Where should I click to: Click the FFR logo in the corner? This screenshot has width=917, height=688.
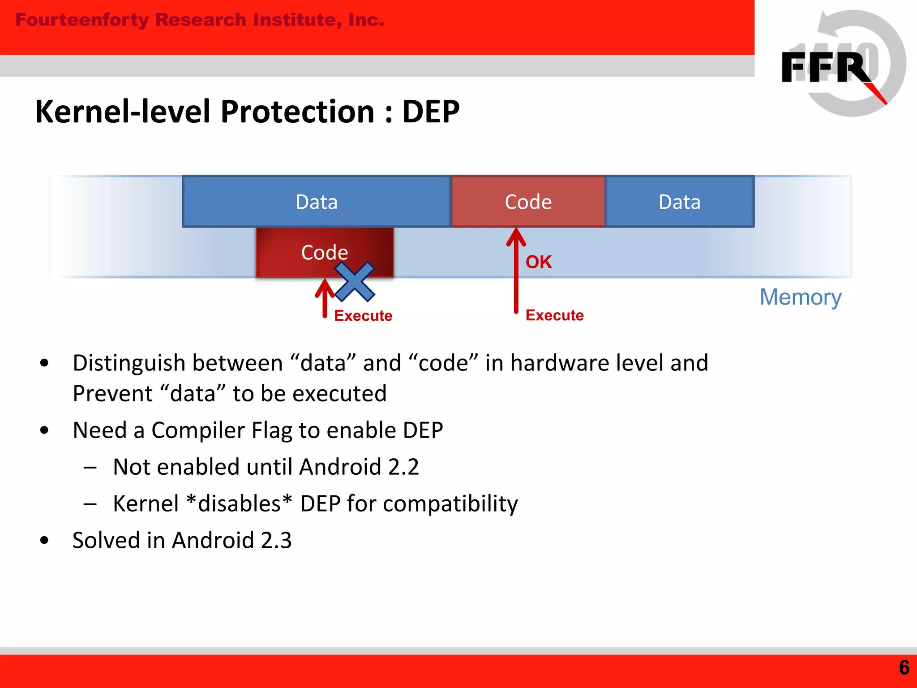tap(842, 65)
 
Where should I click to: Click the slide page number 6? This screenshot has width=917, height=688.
tap(904, 667)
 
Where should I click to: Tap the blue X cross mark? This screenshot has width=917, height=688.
tap(355, 282)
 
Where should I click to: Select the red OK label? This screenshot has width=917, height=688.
tap(538, 262)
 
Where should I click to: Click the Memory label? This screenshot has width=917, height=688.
tap(800, 297)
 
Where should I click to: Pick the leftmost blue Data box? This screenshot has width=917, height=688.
tap(316, 202)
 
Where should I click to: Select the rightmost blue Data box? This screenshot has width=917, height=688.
tap(679, 202)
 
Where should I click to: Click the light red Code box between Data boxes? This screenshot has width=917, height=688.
tap(528, 202)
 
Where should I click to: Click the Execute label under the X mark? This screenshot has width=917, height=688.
tap(363, 316)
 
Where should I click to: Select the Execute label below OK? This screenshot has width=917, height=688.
tap(554, 315)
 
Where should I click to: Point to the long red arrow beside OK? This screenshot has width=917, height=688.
tap(516, 273)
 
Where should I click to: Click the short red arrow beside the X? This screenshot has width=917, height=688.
tap(325, 298)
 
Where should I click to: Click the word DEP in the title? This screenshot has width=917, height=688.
tap(431, 112)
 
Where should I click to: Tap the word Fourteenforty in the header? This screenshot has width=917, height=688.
tap(82, 20)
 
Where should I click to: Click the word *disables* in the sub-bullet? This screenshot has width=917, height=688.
tap(239, 503)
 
